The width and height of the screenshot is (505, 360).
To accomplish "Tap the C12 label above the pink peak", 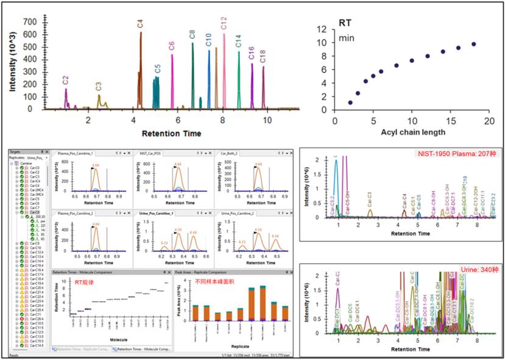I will tap(224, 24).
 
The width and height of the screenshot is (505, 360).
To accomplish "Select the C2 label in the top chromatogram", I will tap(65, 80).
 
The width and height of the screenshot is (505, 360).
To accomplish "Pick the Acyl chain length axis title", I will tap(411, 132).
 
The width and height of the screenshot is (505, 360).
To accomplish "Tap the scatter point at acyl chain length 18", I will tap(473, 44).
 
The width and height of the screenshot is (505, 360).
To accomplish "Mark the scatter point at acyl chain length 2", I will tap(350, 103).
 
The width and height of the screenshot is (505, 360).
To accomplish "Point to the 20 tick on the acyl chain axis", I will tap(489, 121).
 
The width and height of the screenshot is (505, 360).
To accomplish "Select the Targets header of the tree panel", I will tap(15, 150).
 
